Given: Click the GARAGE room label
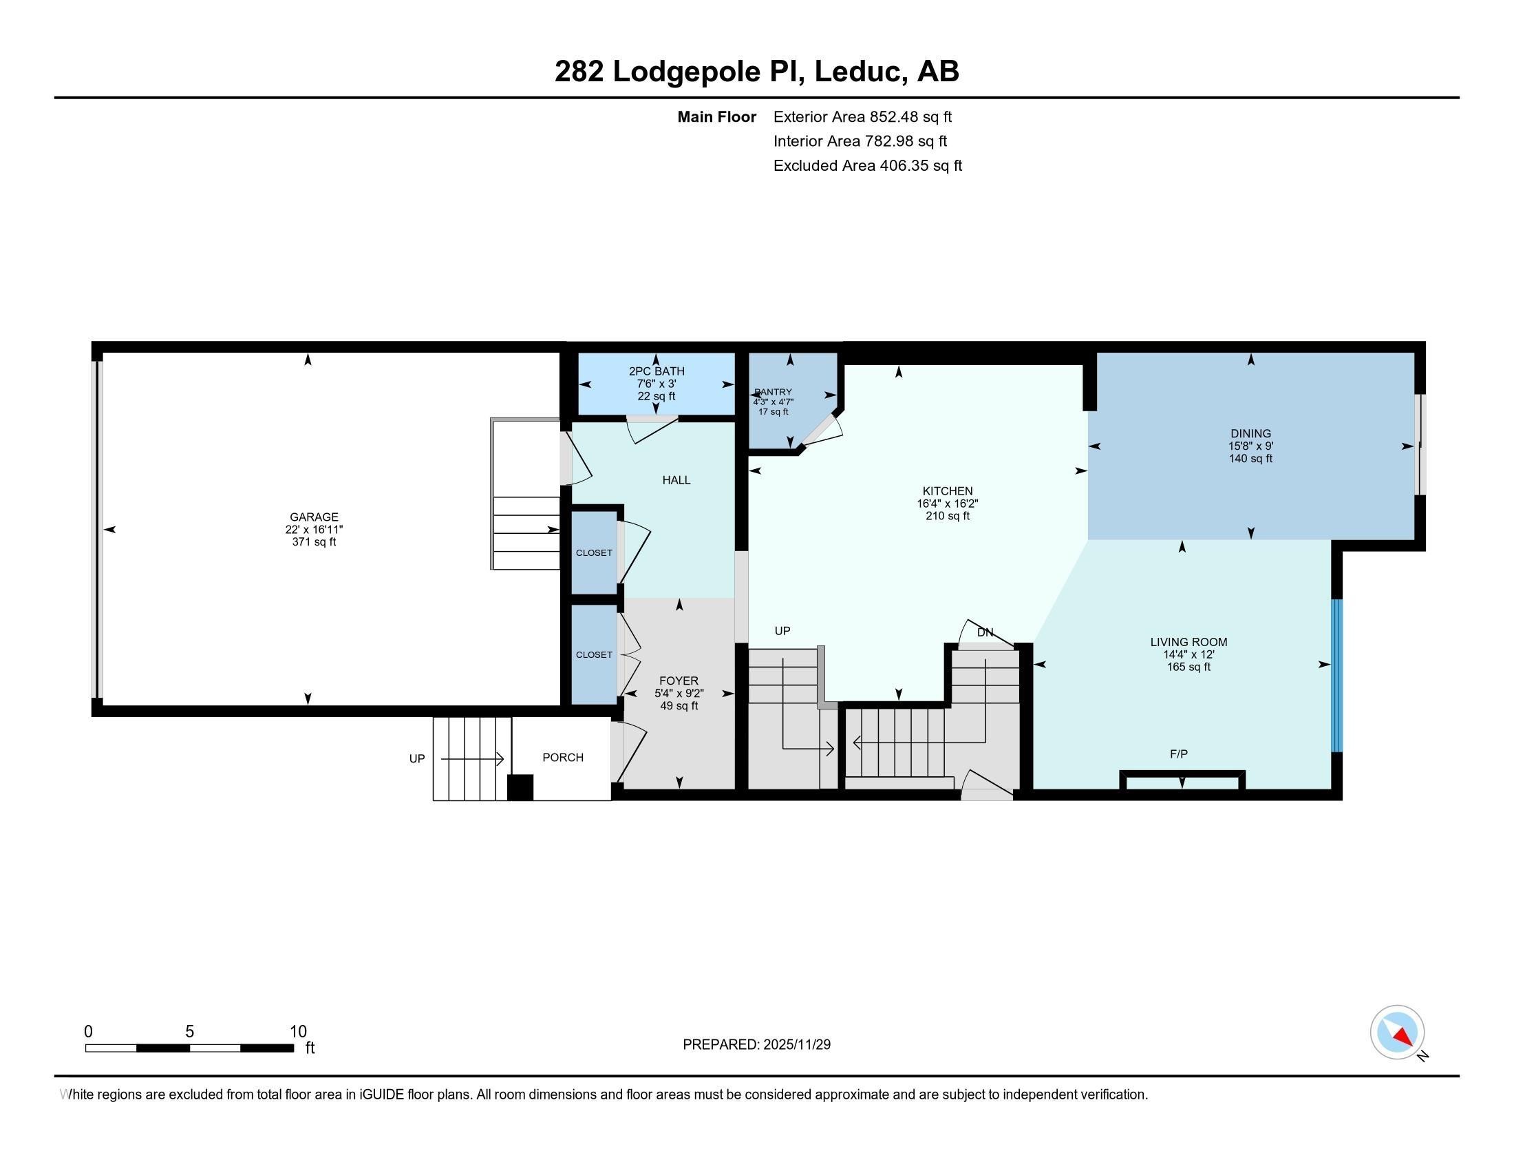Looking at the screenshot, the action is (314, 517).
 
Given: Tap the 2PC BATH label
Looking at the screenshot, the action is (657, 371).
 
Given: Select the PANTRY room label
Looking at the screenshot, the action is (773, 392).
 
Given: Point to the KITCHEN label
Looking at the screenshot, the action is (947, 491).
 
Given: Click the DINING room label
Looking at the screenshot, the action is (1250, 433).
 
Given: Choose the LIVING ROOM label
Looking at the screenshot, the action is (1189, 642).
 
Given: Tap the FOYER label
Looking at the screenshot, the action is (679, 681).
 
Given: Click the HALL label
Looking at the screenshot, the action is (676, 479).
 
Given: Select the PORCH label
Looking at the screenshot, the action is (563, 757).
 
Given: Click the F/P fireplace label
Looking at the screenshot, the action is (1178, 754).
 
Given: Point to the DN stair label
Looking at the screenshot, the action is (985, 632).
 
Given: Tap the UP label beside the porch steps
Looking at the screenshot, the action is (416, 758).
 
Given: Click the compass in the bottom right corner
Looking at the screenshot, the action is (1397, 1032).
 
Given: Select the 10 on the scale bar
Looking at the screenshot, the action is (298, 1031).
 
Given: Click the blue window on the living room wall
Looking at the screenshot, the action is (1337, 675).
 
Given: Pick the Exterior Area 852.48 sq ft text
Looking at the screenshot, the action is (863, 116).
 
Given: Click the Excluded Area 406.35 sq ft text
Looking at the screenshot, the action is (868, 165).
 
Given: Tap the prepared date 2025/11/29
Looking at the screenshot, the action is (796, 1044).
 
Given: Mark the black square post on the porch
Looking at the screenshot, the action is (520, 787).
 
